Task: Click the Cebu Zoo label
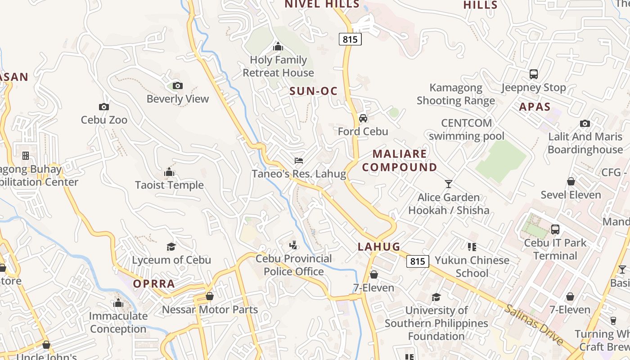click(x=104, y=120)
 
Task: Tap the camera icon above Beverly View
click(x=178, y=85)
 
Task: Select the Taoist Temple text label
click(x=169, y=185)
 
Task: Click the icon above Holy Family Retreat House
click(x=278, y=46)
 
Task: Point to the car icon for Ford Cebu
click(x=363, y=118)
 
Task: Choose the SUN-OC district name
click(x=313, y=91)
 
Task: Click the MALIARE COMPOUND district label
click(x=400, y=161)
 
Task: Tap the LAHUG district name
click(x=379, y=247)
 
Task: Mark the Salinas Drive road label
click(x=534, y=324)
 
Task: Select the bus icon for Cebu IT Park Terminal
click(x=555, y=229)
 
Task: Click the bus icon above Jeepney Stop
click(x=533, y=74)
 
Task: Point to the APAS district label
click(x=535, y=107)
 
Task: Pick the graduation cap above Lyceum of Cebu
click(x=171, y=247)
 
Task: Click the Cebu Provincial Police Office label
click(x=294, y=265)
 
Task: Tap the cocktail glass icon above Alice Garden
click(x=448, y=184)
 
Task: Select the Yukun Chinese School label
click(x=472, y=266)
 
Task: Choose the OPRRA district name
click(x=154, y=284)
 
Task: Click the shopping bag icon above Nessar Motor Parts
click(x=209, y=296)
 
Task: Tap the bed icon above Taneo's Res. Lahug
click(x=298, y=160)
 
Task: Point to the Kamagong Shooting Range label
click(x=456, y=94)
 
